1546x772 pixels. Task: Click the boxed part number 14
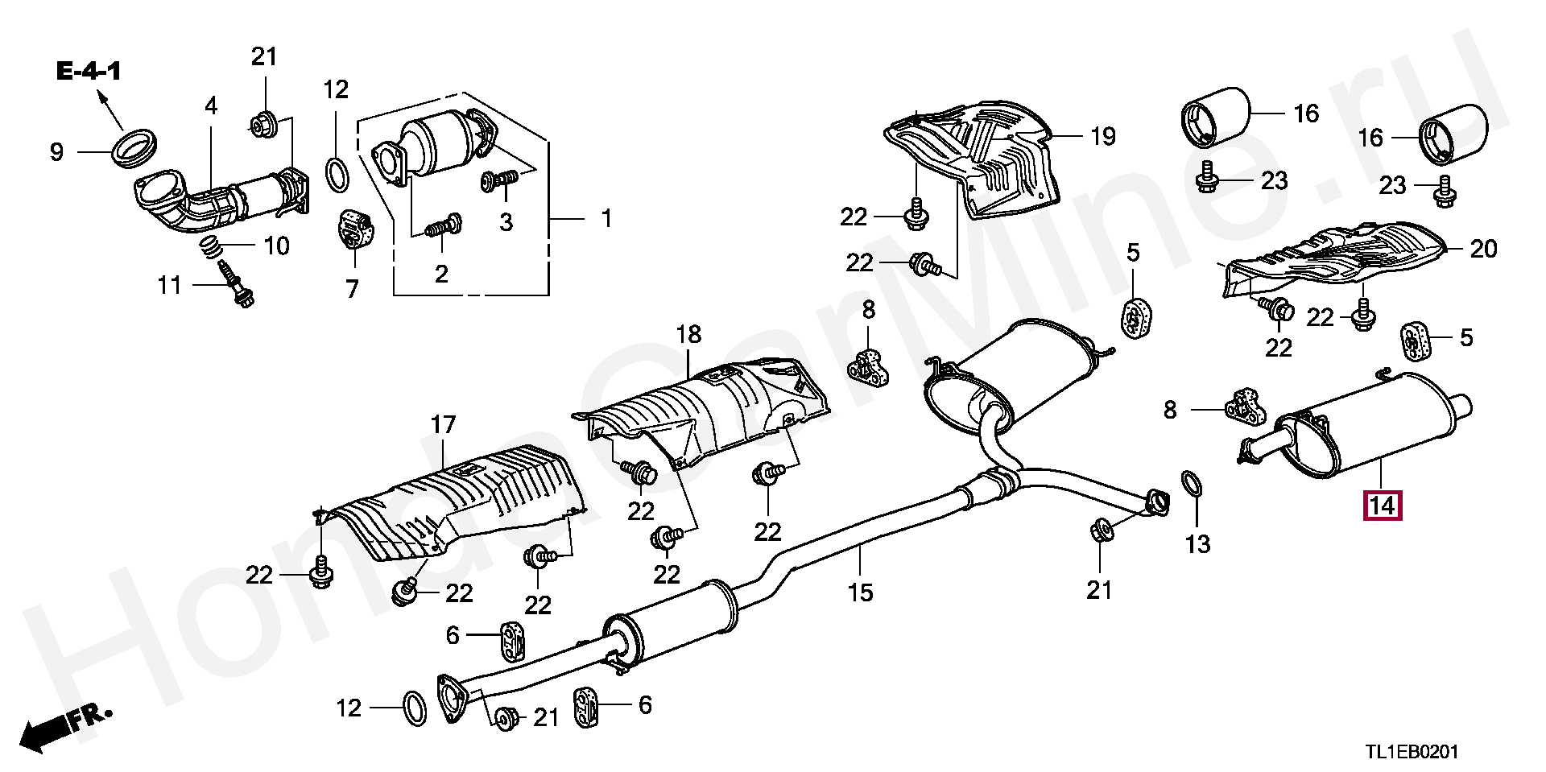click(x=1382, y=506)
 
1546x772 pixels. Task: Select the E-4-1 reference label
click(x=89, y=72)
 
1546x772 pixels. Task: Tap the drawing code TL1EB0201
click(x=1411, y=752)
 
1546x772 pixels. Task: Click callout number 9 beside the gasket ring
click(x=56, y=152)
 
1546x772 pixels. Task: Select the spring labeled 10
click(x=211, y=246)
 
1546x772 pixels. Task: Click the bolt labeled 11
click(x=238, y=287)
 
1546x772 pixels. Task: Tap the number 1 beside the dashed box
click(x=606, y=218)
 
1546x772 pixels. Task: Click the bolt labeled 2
click(x=443, y=227)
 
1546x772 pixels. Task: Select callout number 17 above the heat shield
click(x=443, y=424)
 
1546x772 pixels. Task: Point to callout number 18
click(x=688, y=334)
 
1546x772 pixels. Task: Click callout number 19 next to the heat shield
click(x=1102, y=136)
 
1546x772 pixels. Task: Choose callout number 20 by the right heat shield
click(x=1483, y=249)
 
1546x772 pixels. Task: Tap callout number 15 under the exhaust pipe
click(x=860, y=592)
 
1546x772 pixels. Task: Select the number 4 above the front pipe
click(x=211, y=105)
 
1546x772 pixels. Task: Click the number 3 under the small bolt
click(x=506, y=221)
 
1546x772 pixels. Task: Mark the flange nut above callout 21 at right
click(x=1101, y=530)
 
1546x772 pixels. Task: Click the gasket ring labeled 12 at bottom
click(x=414, y=708)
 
